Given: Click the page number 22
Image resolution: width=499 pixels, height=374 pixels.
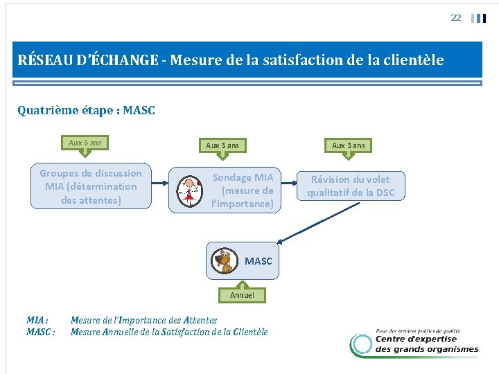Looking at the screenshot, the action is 455,18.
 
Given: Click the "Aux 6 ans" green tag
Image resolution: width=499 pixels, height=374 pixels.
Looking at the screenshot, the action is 85,143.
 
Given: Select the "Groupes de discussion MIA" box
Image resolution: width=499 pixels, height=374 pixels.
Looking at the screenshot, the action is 90,186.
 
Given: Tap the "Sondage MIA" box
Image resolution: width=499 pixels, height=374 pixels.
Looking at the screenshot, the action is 225,190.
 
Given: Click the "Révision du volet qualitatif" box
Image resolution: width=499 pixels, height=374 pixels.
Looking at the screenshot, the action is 350,186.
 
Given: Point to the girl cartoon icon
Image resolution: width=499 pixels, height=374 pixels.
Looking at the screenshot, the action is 189,190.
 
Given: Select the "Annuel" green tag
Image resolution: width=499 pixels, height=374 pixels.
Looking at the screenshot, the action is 242,294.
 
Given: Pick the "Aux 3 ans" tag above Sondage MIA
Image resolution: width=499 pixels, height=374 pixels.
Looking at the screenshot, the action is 222,145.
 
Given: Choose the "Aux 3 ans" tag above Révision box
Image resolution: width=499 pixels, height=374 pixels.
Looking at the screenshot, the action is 348,145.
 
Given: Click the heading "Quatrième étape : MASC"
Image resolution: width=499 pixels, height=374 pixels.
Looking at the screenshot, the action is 86,110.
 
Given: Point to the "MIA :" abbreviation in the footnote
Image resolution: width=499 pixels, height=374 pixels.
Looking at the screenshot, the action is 37,320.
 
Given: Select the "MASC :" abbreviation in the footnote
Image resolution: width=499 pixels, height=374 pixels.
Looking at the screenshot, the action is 40,332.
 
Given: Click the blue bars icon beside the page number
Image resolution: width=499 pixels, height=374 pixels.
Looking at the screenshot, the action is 478,18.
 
